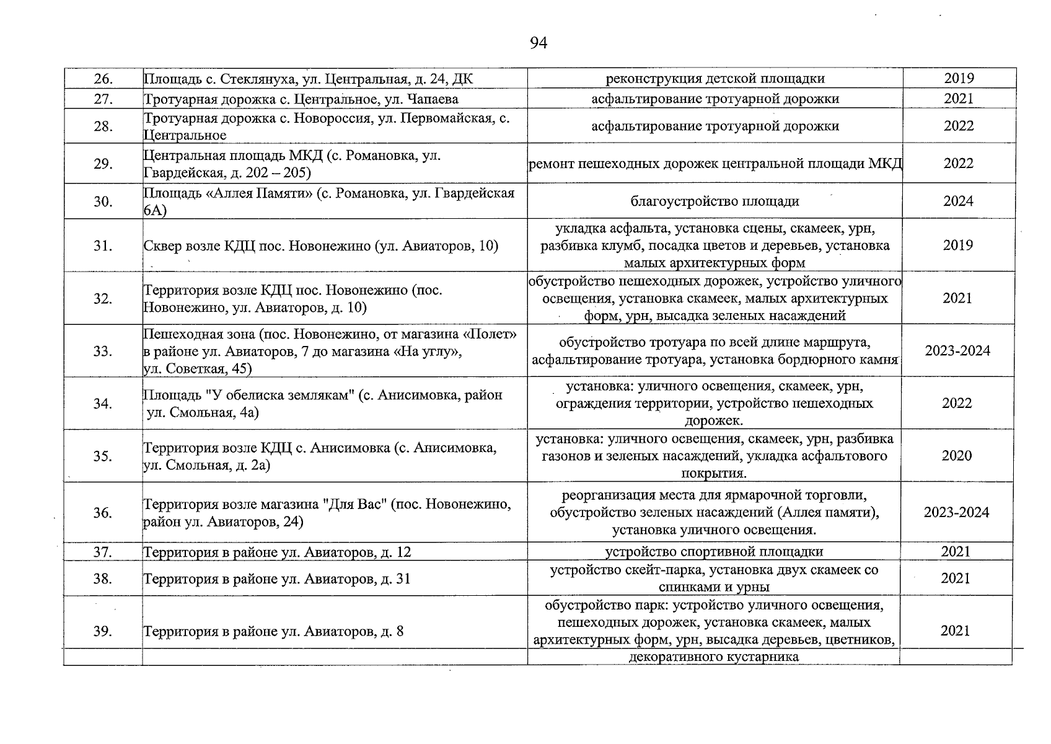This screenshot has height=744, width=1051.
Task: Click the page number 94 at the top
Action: click(x=539, y=43)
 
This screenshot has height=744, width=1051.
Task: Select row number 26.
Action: click(x=103, y=79)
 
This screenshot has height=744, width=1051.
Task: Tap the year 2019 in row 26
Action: click(x=959, y=79)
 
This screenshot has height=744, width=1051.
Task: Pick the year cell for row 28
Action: click(x=959, y=126)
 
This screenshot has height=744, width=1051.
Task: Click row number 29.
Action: click(x=103, y=164)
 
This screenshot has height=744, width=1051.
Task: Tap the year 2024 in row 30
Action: click(x=959, y=201)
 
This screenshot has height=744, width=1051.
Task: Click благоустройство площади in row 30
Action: click(x=715, y=201)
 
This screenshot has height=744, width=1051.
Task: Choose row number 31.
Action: click(x=103, y=246)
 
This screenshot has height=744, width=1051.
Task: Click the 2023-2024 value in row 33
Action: click(x=957, y=351)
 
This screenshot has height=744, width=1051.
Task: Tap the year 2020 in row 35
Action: click(x=957, y=456)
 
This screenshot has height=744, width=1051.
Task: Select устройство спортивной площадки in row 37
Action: click(x=714, y=552)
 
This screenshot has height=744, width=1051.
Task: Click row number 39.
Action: click(x=103, y=631)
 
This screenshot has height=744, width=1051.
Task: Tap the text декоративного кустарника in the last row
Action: click(x=714, y=657)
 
